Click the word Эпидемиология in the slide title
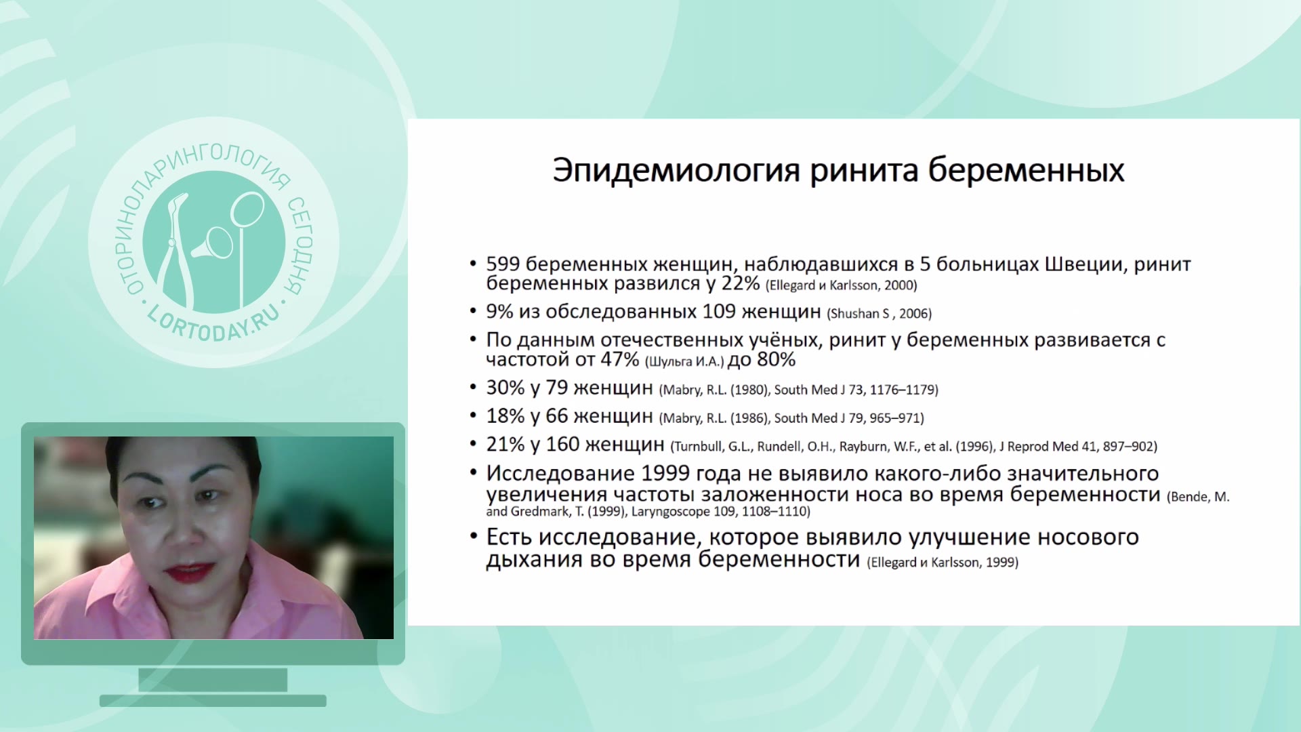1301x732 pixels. pos(677,170)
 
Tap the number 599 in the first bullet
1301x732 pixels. pos(503,264)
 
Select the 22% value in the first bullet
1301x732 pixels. pos(740,283)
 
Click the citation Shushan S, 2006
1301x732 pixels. pos(879,314)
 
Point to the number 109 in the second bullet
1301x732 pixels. pos(719,312)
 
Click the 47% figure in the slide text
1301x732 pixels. pos(620,359)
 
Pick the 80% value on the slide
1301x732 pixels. pos(777,359)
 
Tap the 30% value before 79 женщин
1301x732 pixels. pos(505,388)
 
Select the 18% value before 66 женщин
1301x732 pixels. pos(505,416)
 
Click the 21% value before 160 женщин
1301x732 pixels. pos(505,445)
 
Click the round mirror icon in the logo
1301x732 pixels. pos(247,209)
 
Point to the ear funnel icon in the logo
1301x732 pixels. pos(213,244)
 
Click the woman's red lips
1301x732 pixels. pos(192,573)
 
